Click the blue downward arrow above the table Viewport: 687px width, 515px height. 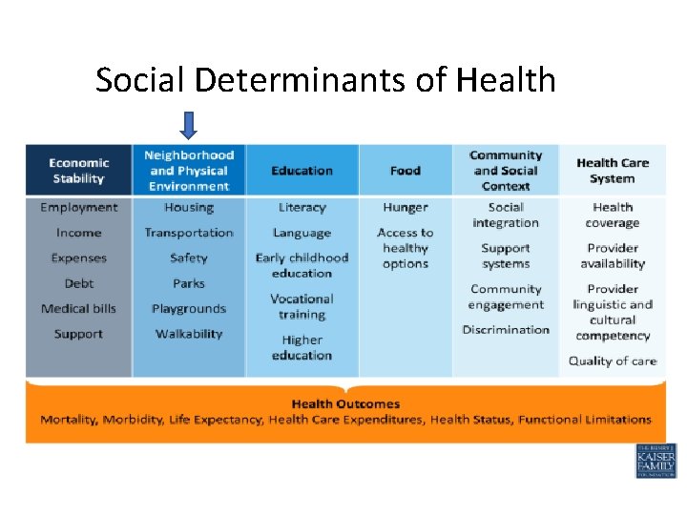pyautogui.click(x=189, y=125)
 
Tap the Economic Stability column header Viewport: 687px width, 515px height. pyautogui.click(x=79, y=171)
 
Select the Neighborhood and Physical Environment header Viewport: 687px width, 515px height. pyautogui.click(x=189, y=171)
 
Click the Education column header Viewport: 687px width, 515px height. pyautogui.click(x=302, y=171)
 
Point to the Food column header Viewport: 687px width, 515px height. pyautogui.click(x=406, y=171)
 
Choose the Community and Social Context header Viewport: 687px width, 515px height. pyautogui.click(x=506, y=171)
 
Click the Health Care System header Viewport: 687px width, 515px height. pyautogui.click(x=613, y=171)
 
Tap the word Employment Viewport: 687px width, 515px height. pyautogui.click(x=79, y=208)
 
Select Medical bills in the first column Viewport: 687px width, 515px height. pyautogui.click(x=79, y=309)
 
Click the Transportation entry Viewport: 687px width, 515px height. pyautogui.click(x=189, y=233)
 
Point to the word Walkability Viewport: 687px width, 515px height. pyautogui.click(x=189, y=334)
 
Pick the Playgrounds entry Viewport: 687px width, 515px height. pyautogui.click(x=189, y=309)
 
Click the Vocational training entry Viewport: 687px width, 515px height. pyautogui.click(x=302, y=306)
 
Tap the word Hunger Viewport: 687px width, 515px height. pyautogui.click(x=406, y=208)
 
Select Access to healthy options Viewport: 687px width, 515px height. pyautogui.click(x=406, y=248)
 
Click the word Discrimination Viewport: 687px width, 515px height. pyautogui.click(x=506, y=330)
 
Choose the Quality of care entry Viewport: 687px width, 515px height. pyautogui.click(x=613, y=360)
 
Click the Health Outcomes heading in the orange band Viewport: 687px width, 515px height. pyautogui.click(x=345, y=404)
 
